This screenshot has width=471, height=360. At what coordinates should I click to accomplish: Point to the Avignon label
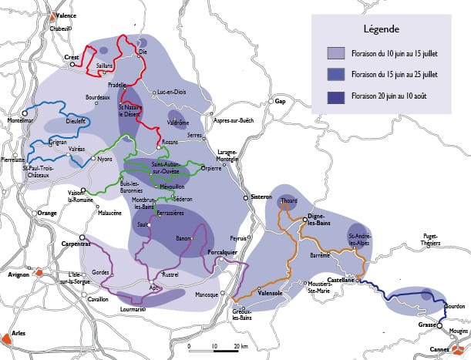click(x=18, y=274)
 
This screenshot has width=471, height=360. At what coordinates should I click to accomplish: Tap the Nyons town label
click(x=104, y=159)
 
